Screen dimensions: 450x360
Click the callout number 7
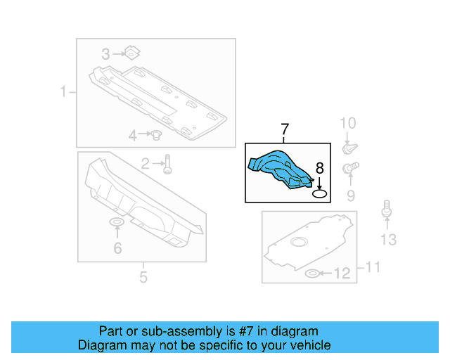click(285, 129)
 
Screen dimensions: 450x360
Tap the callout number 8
click(319, 168)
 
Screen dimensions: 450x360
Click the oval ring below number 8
click(320, 193)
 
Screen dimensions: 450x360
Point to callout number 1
click(63, 91)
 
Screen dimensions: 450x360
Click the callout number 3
click(105, 54)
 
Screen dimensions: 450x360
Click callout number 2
click(145, 164)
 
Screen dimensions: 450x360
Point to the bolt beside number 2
click(167, 164)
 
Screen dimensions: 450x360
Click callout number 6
click(117, 247)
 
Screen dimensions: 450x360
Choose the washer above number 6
click(117, 224)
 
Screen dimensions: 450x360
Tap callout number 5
click(143, 277)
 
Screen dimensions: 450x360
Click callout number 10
click(348, 124)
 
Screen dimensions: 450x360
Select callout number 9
click(349, 194)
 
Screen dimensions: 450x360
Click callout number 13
click(388, 240)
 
